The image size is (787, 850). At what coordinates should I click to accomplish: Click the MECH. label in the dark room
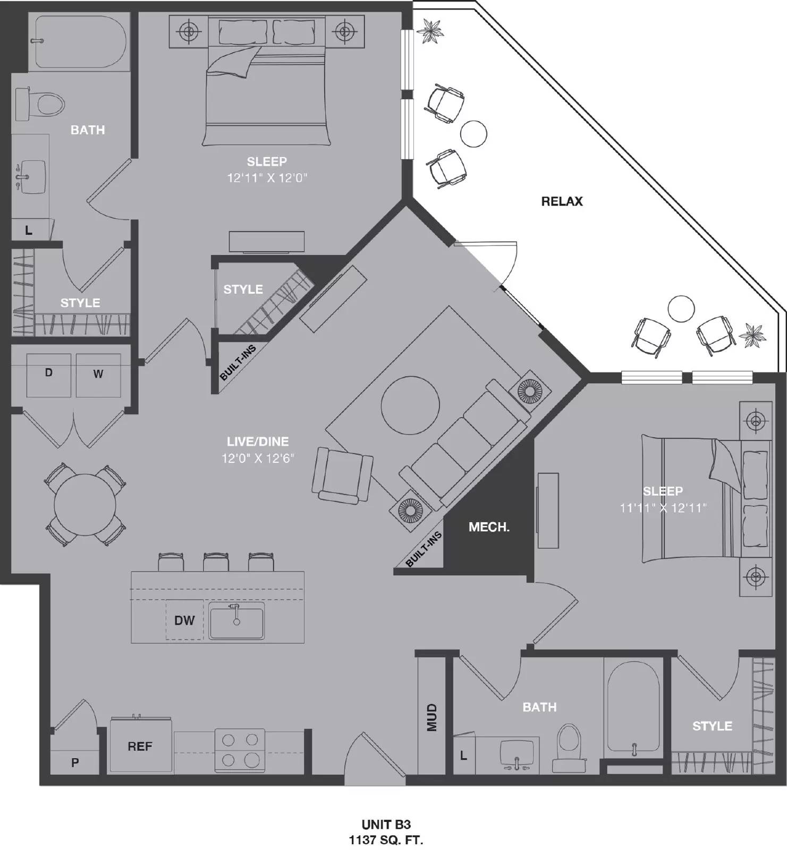[x=488, y=527]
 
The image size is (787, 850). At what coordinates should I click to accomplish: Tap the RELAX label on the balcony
[x=562, y=201]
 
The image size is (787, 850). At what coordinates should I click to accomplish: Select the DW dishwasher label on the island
[x=184, y=620]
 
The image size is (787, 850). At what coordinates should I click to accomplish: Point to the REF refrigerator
[x=140, y=746]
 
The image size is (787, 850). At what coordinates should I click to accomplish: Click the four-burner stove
[x=240, y=750]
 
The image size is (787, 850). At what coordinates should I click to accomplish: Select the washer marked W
[x=98, y=375]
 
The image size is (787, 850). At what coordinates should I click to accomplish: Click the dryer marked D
[x=49, y=374]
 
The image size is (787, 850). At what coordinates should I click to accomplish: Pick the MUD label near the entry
[x=431, y=717]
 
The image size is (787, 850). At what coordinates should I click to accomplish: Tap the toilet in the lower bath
[x=569, y=746]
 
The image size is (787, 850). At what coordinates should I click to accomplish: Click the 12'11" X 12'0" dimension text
[x=267, y=178]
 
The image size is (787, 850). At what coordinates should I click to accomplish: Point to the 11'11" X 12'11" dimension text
[x=663, y=508]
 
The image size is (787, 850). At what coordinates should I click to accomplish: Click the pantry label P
[x=75, y=762]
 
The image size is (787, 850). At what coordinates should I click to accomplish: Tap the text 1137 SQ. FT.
[x=386, y=840]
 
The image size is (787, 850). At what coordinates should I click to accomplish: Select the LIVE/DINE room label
[x=258, y=441]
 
